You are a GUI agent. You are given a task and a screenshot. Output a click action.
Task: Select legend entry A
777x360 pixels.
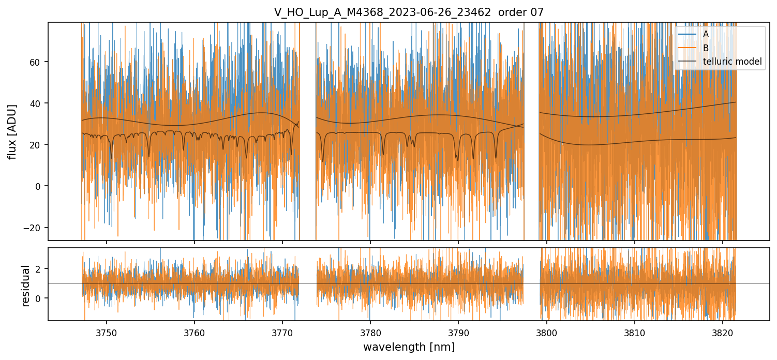point(706,34)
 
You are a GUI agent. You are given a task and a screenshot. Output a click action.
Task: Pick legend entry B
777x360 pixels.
point(706,48)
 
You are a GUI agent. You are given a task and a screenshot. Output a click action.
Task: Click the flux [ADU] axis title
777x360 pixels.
point(12,131)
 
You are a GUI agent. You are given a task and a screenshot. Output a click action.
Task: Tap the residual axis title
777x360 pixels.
point(25,286)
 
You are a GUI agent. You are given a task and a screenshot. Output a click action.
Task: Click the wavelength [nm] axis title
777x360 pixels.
point(409,347)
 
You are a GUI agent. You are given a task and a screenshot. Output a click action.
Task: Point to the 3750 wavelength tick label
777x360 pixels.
point(107,332)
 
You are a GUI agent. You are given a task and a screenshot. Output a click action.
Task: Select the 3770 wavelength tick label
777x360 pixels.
point(282,332)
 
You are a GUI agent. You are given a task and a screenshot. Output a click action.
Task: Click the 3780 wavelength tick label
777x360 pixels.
point(370,332)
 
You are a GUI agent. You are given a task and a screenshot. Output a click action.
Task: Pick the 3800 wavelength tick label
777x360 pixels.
point(547,332)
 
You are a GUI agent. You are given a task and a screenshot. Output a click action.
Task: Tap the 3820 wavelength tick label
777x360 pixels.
point(723,332)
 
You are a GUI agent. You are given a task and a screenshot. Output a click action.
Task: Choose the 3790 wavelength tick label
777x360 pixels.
point(458,332)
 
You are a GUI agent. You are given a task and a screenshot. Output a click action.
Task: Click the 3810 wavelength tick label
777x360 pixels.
point(635,332)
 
